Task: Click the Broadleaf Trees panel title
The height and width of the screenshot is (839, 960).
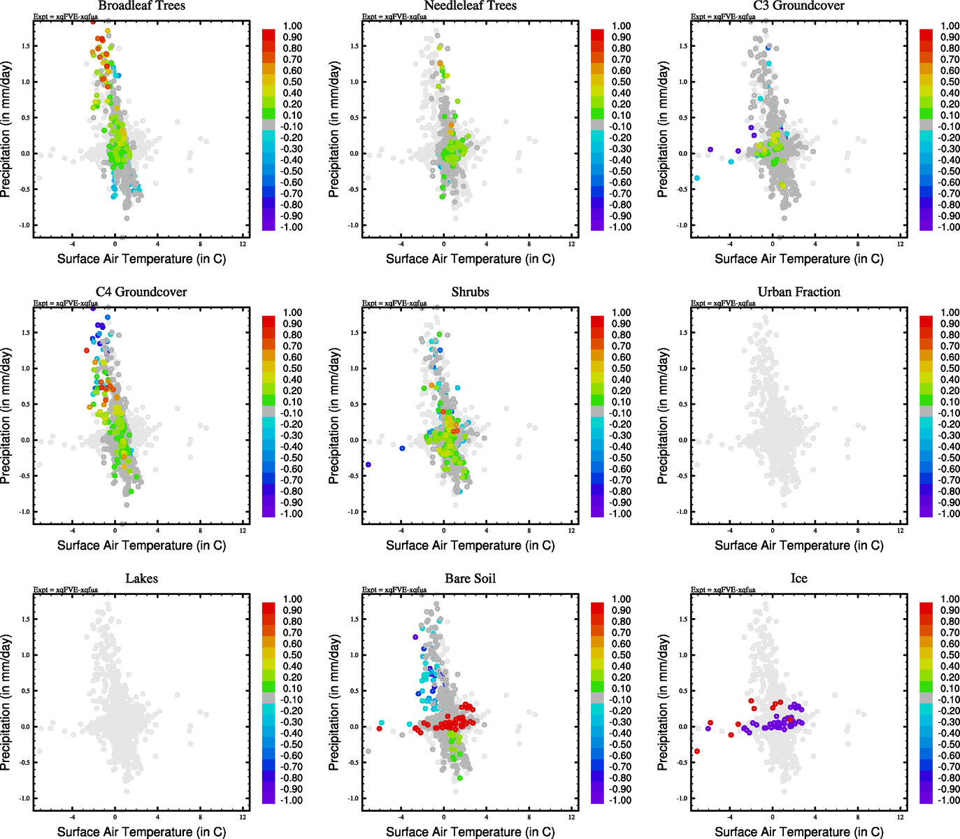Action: point(141,6)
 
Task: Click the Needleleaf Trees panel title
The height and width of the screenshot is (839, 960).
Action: point(470,6)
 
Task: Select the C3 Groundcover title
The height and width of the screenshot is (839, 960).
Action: point(798,6)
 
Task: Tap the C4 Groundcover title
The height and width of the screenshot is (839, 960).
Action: point(141,292)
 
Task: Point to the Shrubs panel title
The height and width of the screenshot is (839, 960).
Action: point(470,292)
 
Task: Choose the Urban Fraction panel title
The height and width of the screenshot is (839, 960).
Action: point(798,292)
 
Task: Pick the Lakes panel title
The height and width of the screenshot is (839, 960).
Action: point(141,579)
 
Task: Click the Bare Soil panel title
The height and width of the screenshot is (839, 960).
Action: point(470,579)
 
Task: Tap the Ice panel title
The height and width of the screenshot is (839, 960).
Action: point(798,579)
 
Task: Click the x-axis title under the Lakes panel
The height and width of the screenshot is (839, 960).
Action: point(141,832)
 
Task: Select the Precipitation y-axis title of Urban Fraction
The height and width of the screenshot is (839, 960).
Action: point(663,416)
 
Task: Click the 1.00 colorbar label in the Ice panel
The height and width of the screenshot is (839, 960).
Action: point(950,599)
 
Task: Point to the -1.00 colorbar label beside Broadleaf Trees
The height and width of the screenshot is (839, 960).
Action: point(292,227)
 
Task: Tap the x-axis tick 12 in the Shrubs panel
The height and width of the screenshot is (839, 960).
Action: point(572,531)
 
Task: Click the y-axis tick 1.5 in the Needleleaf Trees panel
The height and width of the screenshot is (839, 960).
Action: point(354,46)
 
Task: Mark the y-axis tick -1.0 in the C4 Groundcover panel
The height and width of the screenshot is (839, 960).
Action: point(25,512)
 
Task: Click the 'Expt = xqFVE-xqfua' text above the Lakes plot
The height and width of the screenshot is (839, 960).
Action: point(66,590)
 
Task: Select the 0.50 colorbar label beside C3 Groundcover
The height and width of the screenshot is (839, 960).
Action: point(950,82)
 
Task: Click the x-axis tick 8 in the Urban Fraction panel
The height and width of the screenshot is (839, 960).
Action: point(858,531)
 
